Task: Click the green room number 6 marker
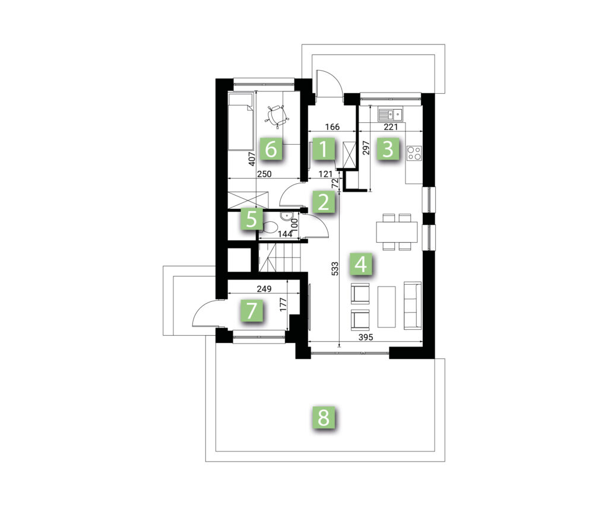pyautogui.click(x=271, y=148)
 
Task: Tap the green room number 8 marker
pyautogui.click(x=324, y=417)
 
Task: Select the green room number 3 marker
pyautogui.click(x=388, y=149)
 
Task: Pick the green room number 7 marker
pyautogui.click(x=252, y=311)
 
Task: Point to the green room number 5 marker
pyautogui.click(x=251, y=219)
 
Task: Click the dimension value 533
pyautogui.click(x=335, y=269)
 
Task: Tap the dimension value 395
pyautogui.click(x=365, y=338)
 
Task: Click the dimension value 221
pyautogui.click(x=391, y=127)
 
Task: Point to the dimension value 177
pyautogui.click(x=283, y=304)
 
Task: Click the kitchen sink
pyautogui.click(x=391, y=115)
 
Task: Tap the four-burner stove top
pyautogui.click(x=414, y=152)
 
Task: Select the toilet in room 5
pyautogui.click(x=269, y=227)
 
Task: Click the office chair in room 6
pyautogui.click(x=277, y=115)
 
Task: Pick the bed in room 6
pyautogui.click(x=241, y=121)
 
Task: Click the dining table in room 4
pyautogui.click(x=397, y=232)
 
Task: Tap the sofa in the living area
pyautogui.click(x=413, y=305)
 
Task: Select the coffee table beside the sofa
pyautogui.click(x=387, y=307)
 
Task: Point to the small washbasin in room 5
pyautogui.click(x=289, y=215)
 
